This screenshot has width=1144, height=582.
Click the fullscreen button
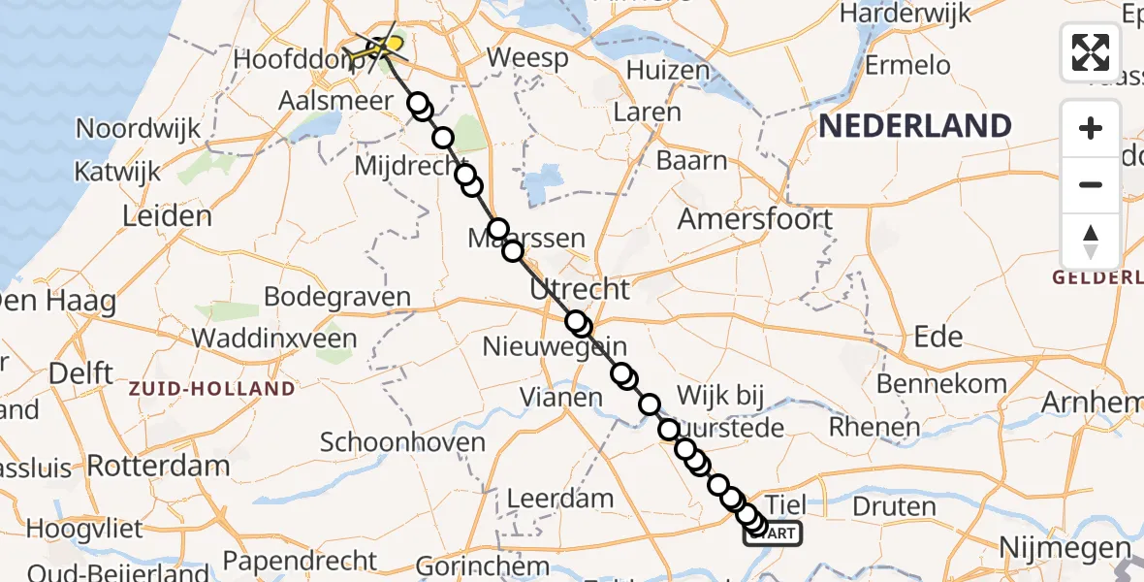pos(1091,52)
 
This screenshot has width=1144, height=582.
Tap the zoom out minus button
pos(1091,184)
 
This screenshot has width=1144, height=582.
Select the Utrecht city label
pos(580,289)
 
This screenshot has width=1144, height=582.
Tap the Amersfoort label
pos(754,218)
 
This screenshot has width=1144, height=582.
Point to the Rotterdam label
pos(158,465)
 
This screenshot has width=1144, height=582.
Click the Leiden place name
pos(167,215)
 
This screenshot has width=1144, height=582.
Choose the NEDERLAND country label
pos(914,126)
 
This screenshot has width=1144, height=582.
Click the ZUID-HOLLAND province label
pos(211,389)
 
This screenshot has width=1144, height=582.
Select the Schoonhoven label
pos(402,443)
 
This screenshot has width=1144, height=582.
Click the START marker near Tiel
pos(773,533)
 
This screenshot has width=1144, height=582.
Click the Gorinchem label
pos(483,565)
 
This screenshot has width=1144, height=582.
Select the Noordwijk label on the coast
pos(138,128)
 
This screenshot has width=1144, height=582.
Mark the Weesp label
pos(526,58)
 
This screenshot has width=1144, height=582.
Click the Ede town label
pos(938,337)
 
